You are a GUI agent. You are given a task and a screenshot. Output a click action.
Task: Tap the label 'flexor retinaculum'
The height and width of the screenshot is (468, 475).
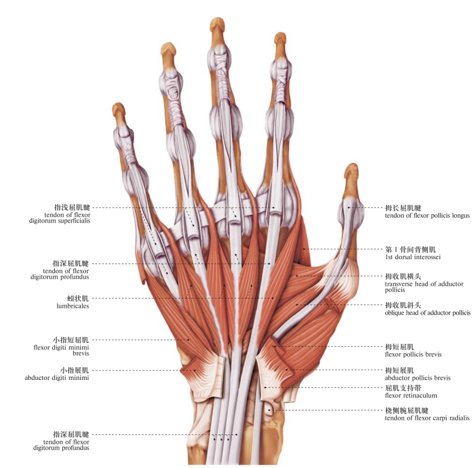pyautogui.click(x=411, y=395)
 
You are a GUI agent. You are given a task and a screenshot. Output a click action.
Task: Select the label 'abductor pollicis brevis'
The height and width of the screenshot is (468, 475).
pyautogui.click(x=417, y=378)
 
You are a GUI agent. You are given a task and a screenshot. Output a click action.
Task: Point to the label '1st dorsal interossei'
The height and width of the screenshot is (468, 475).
pyautogui.click(x=412, y=258)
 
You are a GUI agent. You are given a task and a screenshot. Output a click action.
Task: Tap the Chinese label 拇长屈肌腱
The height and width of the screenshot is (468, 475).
pyautogui.click(x=404, y=208)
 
